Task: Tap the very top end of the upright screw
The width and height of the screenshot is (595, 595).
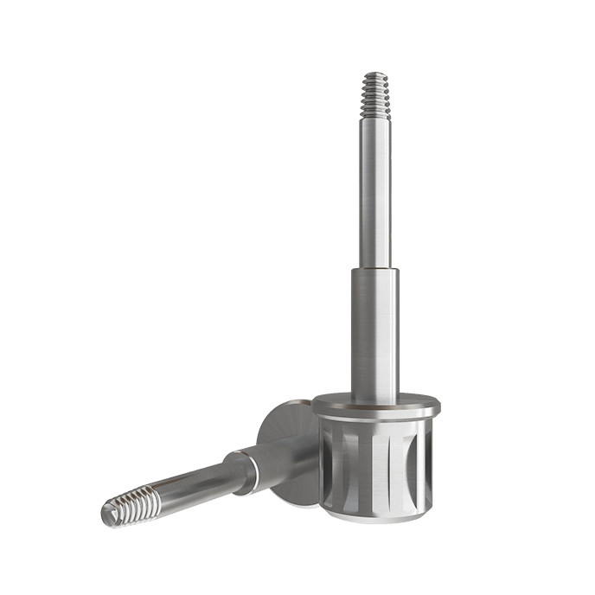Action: coord(374,74)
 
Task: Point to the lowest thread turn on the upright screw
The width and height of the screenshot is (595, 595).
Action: coord(375,112)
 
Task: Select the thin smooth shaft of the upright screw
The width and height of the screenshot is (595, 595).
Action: coord(375,190)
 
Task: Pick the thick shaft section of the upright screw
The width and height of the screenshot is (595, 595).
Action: coord(375,329)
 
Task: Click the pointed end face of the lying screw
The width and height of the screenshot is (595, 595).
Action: coord(107,515)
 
